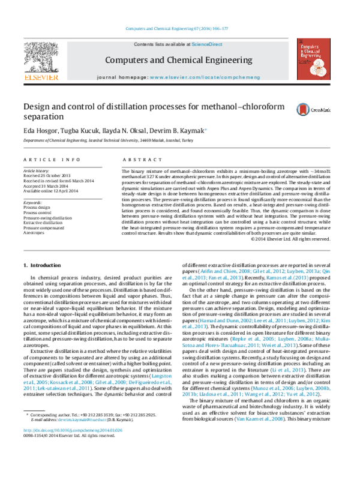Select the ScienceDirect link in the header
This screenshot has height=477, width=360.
(206, 44)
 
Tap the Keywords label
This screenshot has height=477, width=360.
(33, 203)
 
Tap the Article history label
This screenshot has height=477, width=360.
(37, 171)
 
